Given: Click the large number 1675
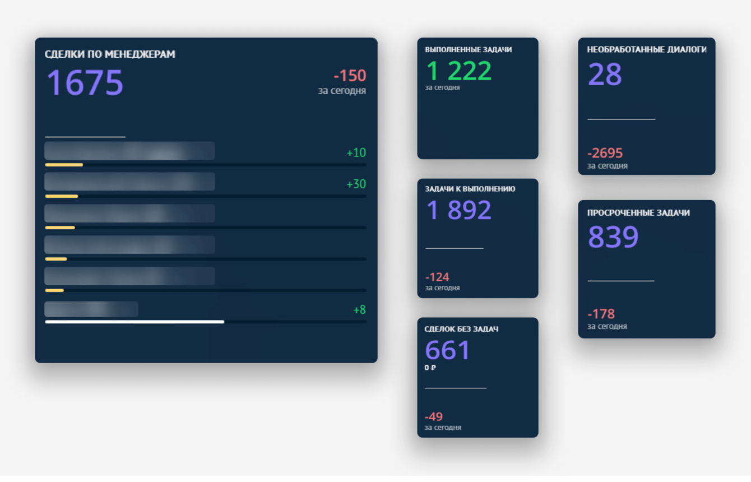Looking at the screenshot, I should [85, 83].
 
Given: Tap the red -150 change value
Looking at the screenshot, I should [350, 76].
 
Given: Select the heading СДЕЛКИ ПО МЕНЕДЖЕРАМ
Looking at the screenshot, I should [110, 54].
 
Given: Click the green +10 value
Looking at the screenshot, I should [356, 152].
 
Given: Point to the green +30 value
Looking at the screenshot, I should [356, 184].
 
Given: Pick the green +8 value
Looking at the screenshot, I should [359, 309].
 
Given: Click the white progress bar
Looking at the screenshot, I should [135, 322].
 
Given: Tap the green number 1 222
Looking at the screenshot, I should [459, 71].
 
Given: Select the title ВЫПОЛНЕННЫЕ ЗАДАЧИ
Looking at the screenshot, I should [469, 49].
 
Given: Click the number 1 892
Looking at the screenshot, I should [459, 210].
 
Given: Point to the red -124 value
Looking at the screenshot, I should [437, 277].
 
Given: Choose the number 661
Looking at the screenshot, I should [447, 350].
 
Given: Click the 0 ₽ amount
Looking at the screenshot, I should [430, 368].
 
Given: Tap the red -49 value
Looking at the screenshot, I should [434, 416].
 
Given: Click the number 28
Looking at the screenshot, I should [605, 75].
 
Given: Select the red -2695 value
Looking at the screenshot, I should [605, 153].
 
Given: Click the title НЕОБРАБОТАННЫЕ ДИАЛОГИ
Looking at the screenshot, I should [647, 49].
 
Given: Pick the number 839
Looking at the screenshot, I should [613, 237].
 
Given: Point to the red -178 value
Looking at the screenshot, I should [601, 313].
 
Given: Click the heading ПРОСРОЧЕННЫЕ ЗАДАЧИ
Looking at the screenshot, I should [638, 213].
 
